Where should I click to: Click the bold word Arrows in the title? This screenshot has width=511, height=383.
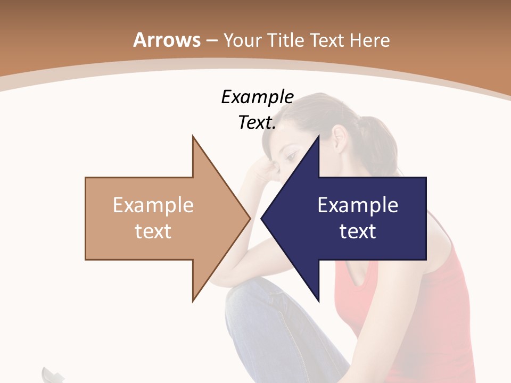[x=167, y=40]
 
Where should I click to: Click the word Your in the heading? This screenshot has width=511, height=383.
[x=242, y=40]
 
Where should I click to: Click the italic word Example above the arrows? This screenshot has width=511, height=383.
[x=257, y=97]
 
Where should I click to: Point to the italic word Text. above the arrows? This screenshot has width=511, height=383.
[x=257, y=123]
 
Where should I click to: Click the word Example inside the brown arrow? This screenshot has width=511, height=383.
[x=153, y=205]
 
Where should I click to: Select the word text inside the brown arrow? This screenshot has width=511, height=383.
[x=153, y=231]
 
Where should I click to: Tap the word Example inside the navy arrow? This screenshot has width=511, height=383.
[x=358, y=205]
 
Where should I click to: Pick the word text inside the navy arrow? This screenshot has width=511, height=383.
[x=358, y=231]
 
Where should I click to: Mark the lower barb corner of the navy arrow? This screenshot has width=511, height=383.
[x=318, y=299]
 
